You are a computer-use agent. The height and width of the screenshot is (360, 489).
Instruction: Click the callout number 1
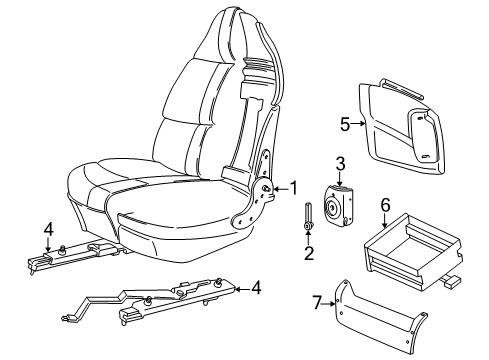pos(293,187)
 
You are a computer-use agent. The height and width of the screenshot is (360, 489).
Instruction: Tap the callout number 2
pos(309,253)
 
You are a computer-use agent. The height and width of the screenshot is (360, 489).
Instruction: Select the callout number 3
pos(340,164)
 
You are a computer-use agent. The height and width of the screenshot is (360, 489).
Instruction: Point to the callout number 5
pos(344,125)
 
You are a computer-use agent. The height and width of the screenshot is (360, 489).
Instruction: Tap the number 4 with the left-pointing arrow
pos(257,288)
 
